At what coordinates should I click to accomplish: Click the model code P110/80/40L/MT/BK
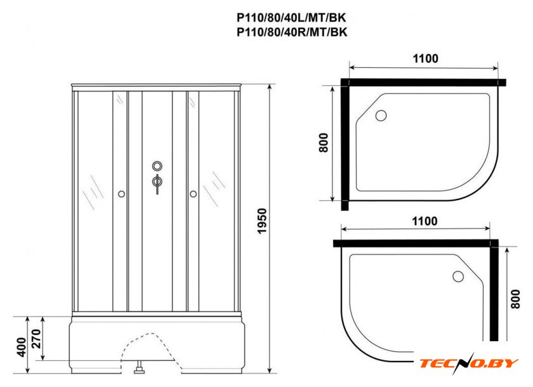click(292, 17)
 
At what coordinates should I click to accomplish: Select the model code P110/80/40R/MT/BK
click(292, 32)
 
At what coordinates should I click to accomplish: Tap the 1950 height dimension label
click(263, 221)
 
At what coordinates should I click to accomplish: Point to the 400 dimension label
click(22, 347)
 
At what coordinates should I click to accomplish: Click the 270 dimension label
click(36, 339)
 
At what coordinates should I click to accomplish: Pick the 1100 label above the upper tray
click(425, 58)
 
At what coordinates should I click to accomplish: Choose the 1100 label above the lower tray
click(424, 221)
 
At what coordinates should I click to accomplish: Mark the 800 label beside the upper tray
click(324, 142)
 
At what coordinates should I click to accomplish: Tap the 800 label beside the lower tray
click(515, 299)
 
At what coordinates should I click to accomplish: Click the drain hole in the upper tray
click(381, 116)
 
